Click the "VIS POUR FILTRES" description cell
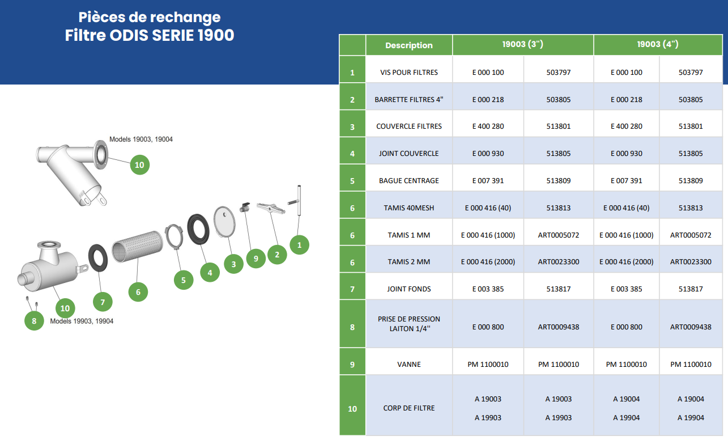[x=409, y=69]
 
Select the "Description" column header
[x=409, y=45]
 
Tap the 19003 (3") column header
[x=522, y=45]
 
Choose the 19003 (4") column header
[x=658, y=45]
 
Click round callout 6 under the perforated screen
[x=138, y=291]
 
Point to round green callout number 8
[x=34, y=321]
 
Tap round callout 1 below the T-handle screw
[x=299, y=245]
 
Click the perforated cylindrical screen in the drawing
[x=137, y=246]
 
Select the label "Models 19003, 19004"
[x=141, y=139]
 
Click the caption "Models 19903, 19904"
[x=82, y=321]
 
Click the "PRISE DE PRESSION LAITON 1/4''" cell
[x=409, y=324]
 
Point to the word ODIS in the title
[x=129, y=35]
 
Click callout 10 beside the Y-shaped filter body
[x=140, y=165]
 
